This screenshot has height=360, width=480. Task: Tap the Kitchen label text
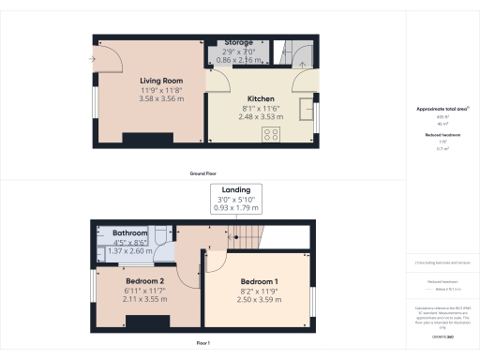[261, 98]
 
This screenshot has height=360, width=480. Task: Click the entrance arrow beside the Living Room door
[91, 59]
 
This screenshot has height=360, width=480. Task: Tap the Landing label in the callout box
[236, 190]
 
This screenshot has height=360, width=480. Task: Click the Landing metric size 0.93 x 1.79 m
[236, 207]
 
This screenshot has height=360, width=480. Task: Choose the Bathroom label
[130, 232]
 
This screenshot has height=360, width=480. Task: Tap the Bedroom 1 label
[258, 282]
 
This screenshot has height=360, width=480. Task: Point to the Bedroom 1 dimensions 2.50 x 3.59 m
[258, 299]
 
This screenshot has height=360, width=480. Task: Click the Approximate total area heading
[440, 110]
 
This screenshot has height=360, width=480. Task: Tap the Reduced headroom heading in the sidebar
[440, 135]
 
